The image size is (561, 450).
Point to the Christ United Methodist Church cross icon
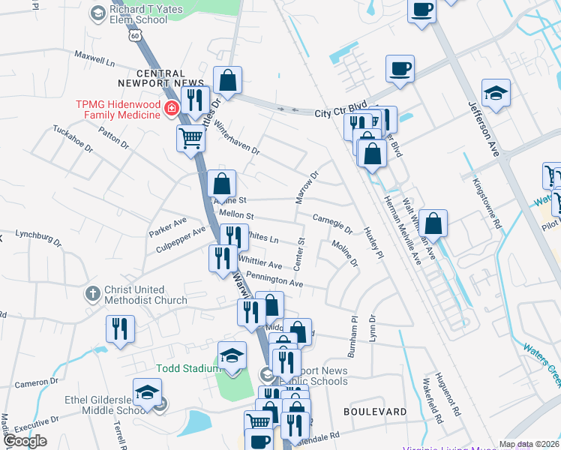point(91,292)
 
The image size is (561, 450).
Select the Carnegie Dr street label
point(332,223)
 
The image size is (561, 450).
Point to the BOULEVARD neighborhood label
point(375,412)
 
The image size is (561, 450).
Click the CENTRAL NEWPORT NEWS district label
point(161,78)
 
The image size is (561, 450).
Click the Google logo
point(24,440)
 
